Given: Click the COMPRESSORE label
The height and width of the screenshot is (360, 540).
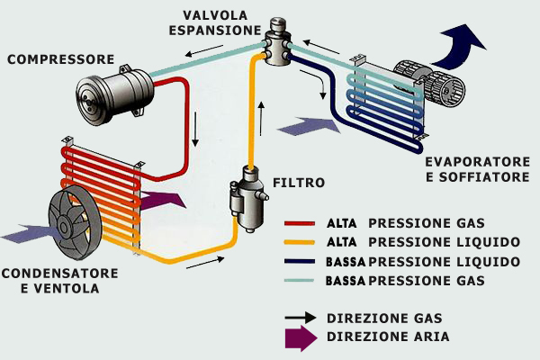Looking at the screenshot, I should pos(59,59).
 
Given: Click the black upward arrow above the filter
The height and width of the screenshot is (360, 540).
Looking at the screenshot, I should pos(262,117).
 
